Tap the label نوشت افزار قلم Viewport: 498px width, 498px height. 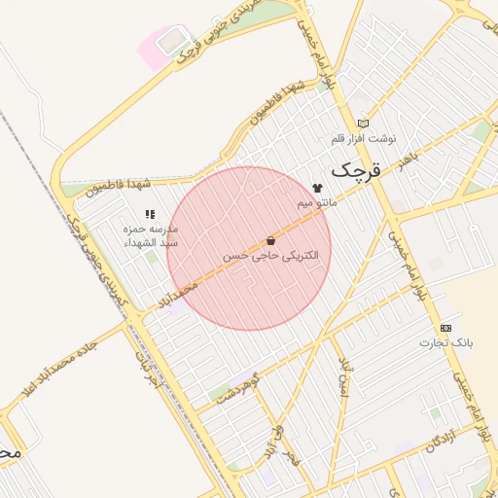[x=365, y=138]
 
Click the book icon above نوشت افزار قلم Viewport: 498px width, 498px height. [x=364, y=124]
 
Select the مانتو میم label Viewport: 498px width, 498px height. [x=319, y=202]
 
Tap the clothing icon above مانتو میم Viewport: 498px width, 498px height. [x=317, y=188]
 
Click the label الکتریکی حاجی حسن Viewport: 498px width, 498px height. [x=257, y=255]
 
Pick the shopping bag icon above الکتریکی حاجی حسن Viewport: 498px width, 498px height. [x=270, y=240]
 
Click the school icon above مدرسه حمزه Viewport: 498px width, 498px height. [x=150, y=214]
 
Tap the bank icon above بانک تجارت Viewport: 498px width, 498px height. [x=445, y=328]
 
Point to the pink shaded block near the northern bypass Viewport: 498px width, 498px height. [x=156, y=46]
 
